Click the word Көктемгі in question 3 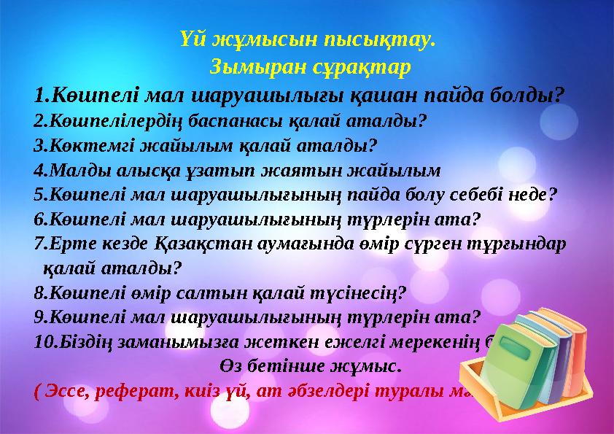[78, 145]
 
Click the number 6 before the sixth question [39, 220]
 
